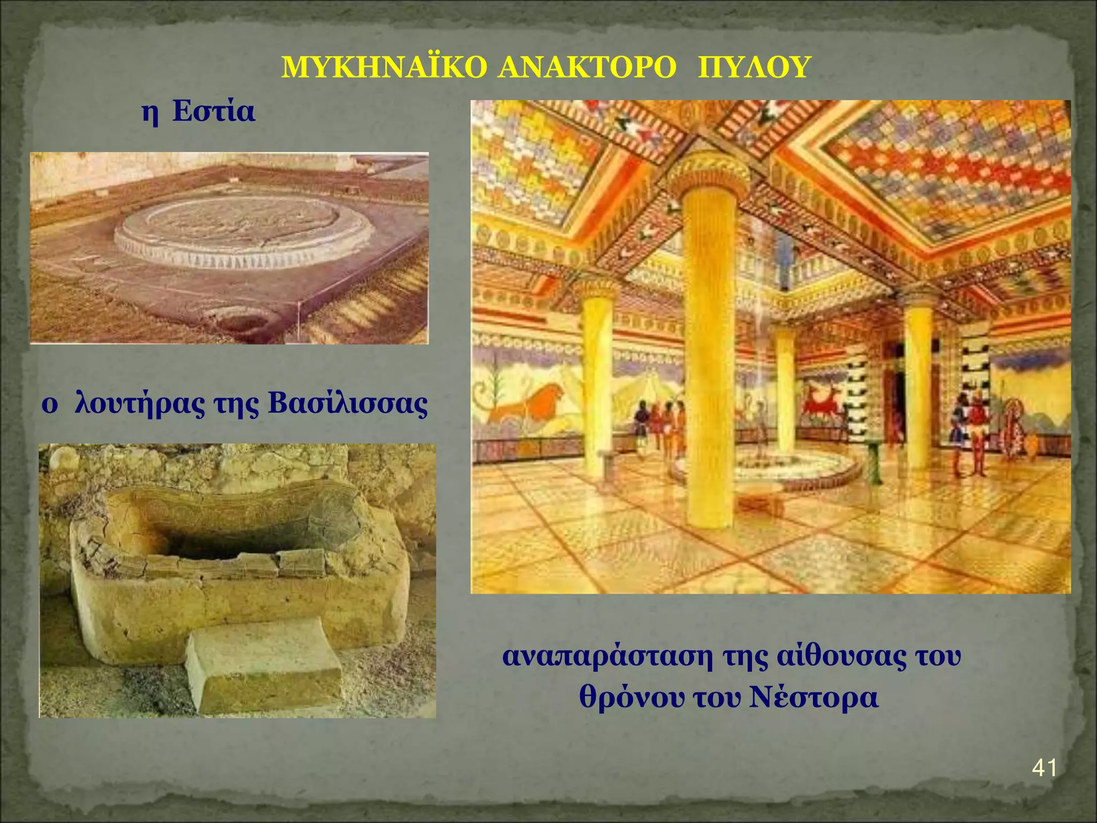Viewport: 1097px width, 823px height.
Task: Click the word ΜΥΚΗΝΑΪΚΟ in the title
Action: click(384, 69)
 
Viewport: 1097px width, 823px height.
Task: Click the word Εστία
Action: click(213, 112)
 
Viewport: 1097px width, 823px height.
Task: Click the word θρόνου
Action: click(632, 697)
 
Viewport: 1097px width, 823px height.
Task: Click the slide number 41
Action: click(1044, 768)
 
